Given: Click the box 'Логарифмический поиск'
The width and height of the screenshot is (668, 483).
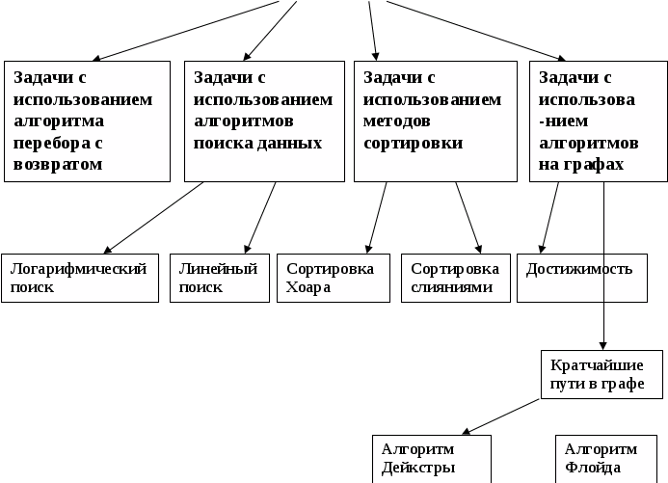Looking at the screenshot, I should click(80, 278).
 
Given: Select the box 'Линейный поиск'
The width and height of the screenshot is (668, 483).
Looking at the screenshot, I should click(219, 278).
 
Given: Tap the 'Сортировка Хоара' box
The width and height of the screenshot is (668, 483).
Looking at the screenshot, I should click(334, 278).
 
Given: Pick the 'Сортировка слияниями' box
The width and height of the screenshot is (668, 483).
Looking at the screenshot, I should click(455, 278).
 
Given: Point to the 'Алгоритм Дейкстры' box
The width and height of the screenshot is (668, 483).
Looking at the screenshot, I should click(432, 459).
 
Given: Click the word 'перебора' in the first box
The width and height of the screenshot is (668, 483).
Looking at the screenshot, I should click(58, 143).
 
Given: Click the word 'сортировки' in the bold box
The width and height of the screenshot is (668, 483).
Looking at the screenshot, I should click(414, 143).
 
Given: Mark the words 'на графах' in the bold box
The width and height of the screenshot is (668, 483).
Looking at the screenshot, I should click(581, 164).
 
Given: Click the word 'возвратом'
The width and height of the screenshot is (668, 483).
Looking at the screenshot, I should click(58, 164).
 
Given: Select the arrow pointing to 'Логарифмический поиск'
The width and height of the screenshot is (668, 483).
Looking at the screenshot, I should click(154, 217).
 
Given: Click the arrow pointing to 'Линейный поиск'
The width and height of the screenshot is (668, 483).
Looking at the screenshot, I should click(261, 217).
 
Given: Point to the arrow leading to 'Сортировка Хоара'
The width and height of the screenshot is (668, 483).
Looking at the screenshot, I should click(378, 217).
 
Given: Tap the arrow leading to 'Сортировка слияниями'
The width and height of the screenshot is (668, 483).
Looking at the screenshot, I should click(468, 217).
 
